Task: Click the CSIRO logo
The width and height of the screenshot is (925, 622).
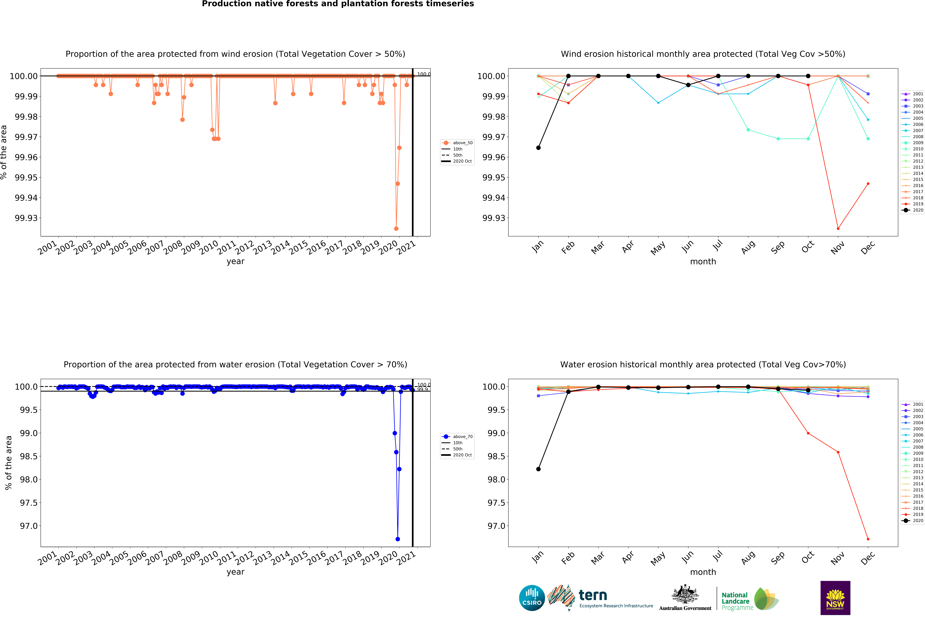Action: (532, 598)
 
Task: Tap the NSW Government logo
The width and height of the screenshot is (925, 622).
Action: (835, 598)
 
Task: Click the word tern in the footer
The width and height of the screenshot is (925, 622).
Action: (593, 595)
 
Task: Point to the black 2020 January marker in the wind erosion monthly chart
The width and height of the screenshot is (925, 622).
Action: (538, 148)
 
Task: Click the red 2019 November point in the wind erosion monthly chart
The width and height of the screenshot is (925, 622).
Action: (838, 228)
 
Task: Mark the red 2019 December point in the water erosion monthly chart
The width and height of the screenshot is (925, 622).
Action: (868, 539)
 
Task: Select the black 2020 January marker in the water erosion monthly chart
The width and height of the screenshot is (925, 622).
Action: (538, 469)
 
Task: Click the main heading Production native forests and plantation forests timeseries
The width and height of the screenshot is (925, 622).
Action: (338, 4)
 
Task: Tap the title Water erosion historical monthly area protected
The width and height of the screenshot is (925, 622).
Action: (703, 364)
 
